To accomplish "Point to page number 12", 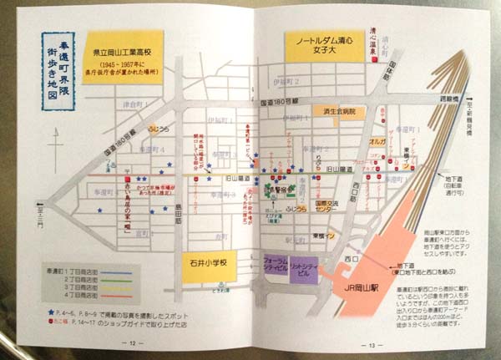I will [x=130, y=342].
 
